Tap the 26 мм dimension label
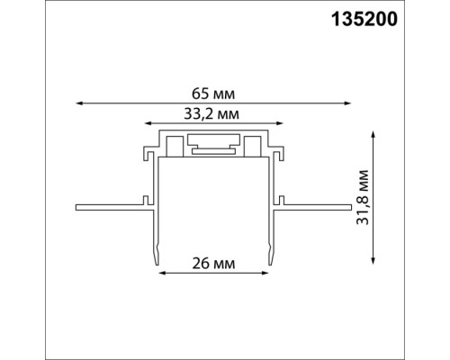pyautogui.click(x=212, y=263)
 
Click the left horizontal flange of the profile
pyautogui.click(x=108, y=206)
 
